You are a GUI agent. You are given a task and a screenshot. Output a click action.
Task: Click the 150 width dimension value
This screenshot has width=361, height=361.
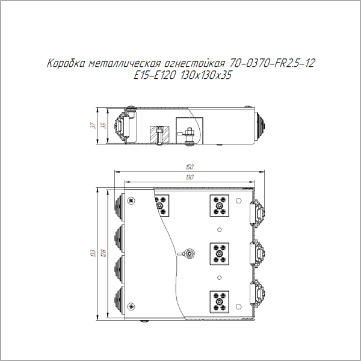[190, 167]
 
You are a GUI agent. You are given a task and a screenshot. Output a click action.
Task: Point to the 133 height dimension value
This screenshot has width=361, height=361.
[93, 253]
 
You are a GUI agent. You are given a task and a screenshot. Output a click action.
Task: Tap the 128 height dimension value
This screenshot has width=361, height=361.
[103, 253]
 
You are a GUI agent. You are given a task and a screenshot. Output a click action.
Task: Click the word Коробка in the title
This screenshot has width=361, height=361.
[66, 63]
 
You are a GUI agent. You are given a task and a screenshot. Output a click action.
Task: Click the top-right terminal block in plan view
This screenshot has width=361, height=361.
[219, 206]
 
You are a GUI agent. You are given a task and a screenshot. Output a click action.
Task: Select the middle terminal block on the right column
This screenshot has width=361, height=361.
[219, 253]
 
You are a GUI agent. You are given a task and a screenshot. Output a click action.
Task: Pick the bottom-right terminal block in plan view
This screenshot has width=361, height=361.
[219, 301]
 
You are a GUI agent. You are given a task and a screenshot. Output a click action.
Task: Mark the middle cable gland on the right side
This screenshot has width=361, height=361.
[257, 253]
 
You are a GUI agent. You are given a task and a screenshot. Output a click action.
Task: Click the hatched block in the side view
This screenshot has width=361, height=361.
[158, 135]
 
